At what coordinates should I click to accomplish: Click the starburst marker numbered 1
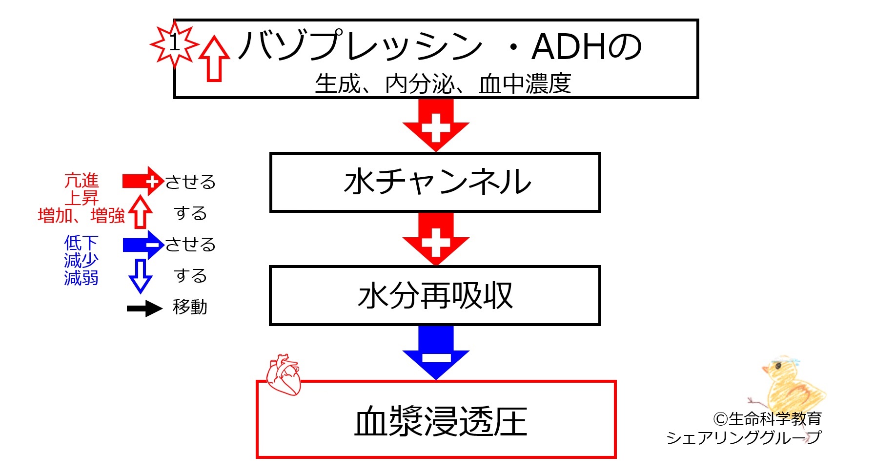tap(174, 43)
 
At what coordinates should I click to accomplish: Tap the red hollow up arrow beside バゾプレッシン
tap(215, 59)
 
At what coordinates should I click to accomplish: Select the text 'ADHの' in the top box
tap(587, 47)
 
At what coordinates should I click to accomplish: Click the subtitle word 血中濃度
tap(525, 84)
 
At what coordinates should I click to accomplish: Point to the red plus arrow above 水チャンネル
tap(436, 125)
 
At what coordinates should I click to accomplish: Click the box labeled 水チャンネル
tap(435, 183)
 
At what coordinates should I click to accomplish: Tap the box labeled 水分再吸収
tap(435, 296)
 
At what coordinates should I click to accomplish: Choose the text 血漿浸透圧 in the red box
tap(441, 422)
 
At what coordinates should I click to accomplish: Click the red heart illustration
tap(284, 375)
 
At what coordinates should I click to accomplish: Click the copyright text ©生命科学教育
tap(767, 419)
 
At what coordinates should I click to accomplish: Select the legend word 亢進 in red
tap(81, 181)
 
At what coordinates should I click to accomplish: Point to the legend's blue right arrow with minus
tap(143, 245)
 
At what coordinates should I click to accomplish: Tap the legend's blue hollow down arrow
tap(141, 276)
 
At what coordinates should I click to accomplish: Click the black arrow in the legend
tap(144, 309)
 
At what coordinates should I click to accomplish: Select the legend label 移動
tap(190, 307)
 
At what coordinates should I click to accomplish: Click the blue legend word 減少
tap(81, 260)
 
